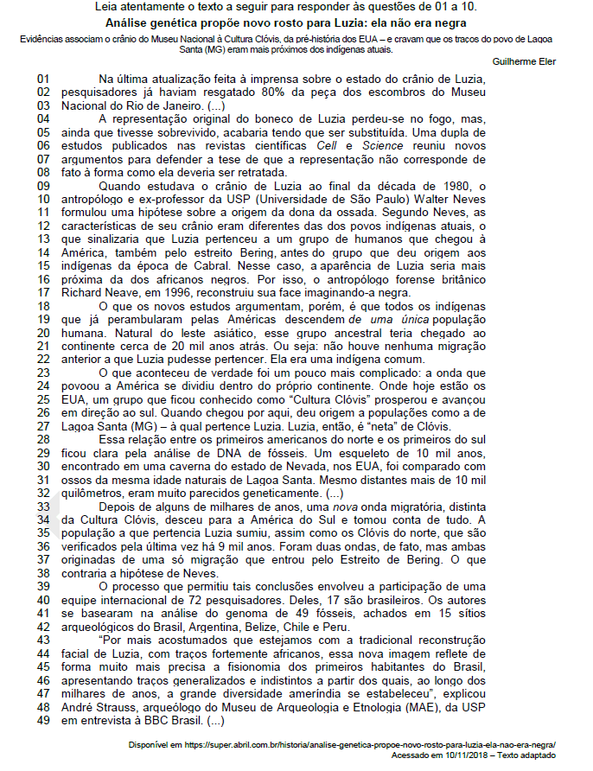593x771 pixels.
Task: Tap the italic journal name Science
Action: point(383,145)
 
